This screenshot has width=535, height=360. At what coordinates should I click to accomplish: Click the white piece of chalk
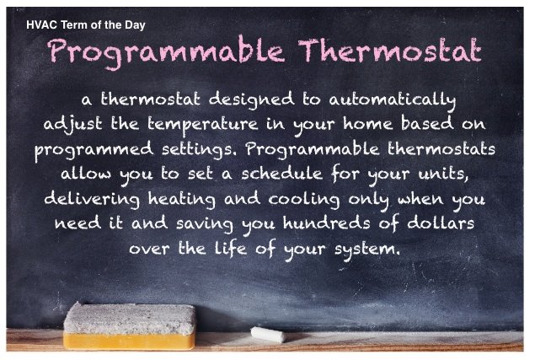268,335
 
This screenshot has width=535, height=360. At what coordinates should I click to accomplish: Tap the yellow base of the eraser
129,341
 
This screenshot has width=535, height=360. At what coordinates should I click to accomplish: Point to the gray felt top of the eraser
130,319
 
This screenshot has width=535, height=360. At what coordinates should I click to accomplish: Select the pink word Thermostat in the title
389,51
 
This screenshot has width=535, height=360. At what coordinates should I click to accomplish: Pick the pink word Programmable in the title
166,53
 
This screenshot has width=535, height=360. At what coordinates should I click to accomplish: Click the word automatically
393,100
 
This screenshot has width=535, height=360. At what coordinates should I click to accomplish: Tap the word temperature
203,125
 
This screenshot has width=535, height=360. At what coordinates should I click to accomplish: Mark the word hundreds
327,223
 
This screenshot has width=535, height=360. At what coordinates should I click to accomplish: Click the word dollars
441,223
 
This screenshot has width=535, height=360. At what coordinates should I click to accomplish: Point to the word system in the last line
366,250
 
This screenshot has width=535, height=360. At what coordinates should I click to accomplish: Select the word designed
251,100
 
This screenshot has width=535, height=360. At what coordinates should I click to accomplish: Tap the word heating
182,199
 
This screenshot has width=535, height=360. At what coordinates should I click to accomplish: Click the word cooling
304,199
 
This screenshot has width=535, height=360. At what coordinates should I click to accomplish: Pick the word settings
199,150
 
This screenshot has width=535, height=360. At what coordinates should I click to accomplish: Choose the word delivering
92,199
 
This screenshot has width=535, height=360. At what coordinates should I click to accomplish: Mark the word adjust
73,125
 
